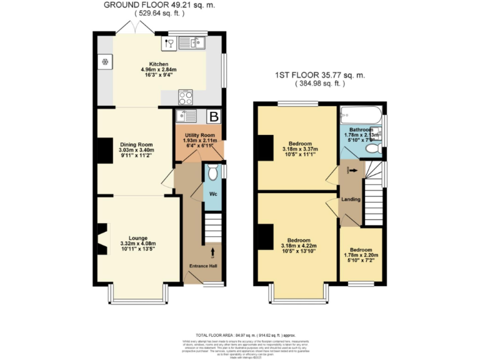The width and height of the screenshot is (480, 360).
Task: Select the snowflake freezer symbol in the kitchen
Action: pyautogui.click(x=105, y=62)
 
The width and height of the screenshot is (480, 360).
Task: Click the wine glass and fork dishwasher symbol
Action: pyautogui.click(x=168, y=43)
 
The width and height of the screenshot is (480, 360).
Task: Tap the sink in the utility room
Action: pyautogui.click(x=186, y=116)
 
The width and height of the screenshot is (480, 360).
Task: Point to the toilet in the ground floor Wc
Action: pyautogui.click(x=212, y=172)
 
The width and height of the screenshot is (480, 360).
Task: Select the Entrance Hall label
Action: pyautogui.click(x=204, y=266)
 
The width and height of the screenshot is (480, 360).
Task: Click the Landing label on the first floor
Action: pyautogui.click(x=350, y=199)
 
